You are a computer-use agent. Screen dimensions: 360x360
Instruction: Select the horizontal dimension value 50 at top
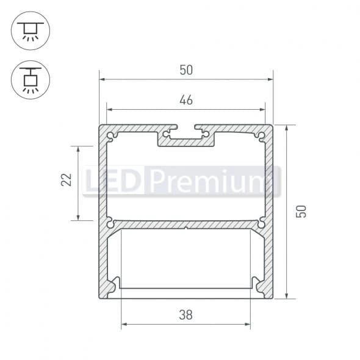[x=186, y=70]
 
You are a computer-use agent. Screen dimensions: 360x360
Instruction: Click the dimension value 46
[x=186, y=100]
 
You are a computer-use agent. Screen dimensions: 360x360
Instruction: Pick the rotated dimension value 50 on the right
[x=300, y=211]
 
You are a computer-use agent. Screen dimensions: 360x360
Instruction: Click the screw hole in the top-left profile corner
[x=110, y=135]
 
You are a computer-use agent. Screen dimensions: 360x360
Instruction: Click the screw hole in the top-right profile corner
[x=262, y=135]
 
